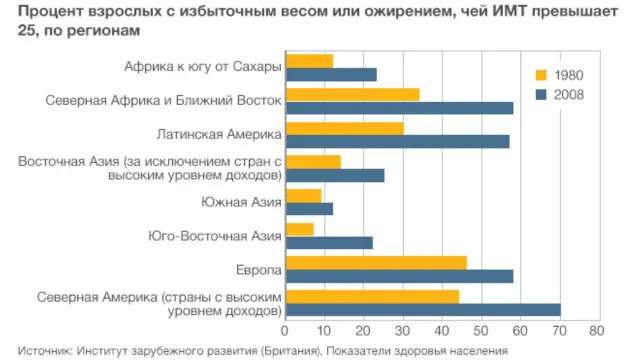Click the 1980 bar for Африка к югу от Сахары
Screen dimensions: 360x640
tap(309, 61)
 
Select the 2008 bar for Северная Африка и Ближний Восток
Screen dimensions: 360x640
tap(399, 108)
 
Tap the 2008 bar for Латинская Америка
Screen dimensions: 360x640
tap(397, 141)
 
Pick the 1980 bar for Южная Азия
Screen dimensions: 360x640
tap(303, 195)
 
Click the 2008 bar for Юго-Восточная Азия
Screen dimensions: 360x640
tap(329, 242)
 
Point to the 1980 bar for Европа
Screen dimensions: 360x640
tap(376, 262)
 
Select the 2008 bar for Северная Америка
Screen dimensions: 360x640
tap(423, 310)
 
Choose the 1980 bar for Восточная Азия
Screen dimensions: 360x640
tap(313, 161)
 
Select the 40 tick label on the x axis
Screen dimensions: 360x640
tap(441, 330)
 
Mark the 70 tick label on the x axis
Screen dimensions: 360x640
tap(558, 330)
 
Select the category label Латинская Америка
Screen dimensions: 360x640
tap(219, 134)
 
